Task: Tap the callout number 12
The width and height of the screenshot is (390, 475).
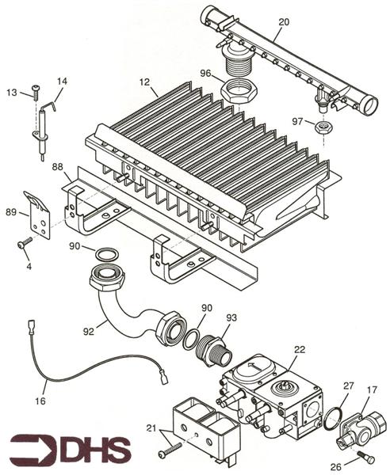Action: tap(143, 82)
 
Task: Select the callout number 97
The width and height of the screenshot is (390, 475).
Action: tap(298, 121)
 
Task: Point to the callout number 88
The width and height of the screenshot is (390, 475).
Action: tap(57, 167)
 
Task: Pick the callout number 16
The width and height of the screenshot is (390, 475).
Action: tap(40, 402)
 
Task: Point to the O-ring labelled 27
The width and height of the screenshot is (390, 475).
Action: tap(336, 416)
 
